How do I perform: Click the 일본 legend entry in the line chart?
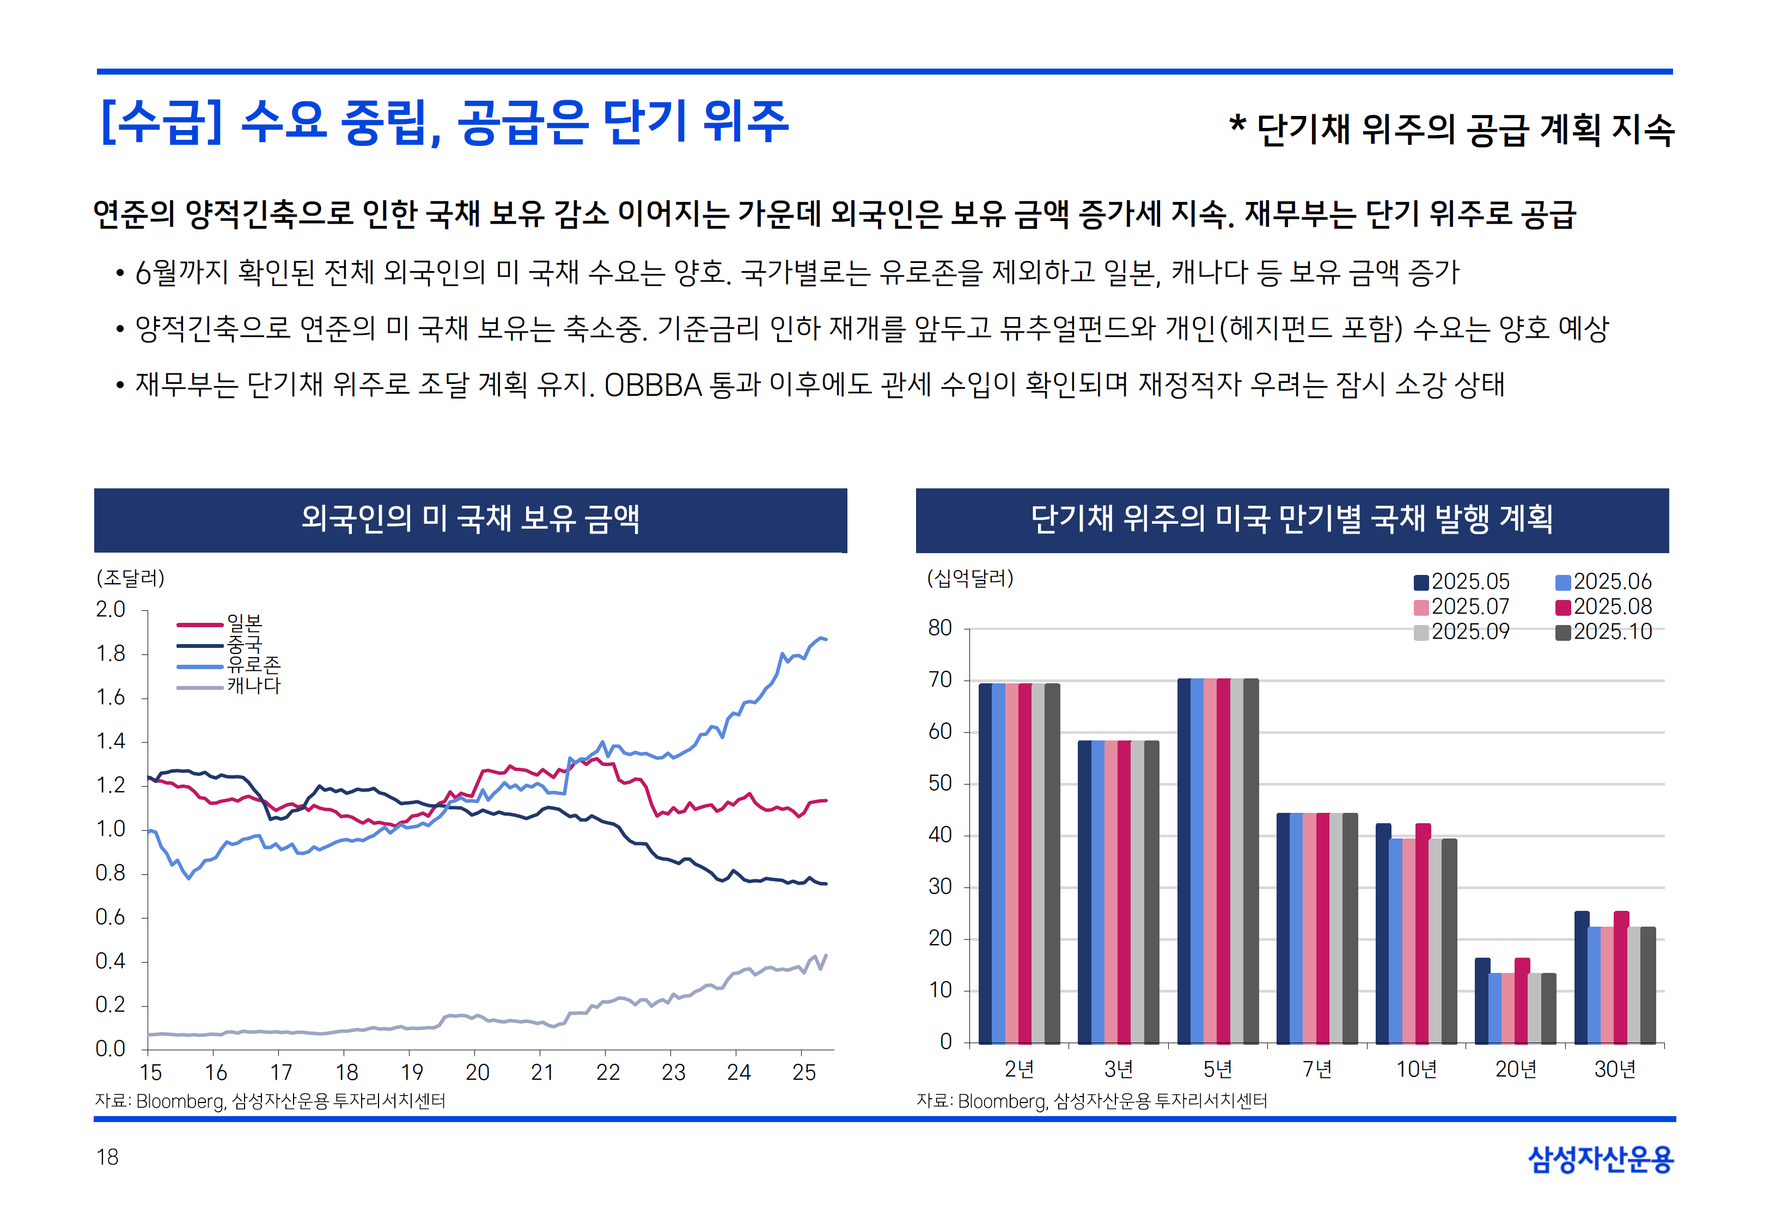click(x=244, y=622)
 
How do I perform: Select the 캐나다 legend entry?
click(x=253, y=685)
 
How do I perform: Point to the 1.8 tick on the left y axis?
click(x=111, y=654)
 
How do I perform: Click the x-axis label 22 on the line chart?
click(x=607, y=1072)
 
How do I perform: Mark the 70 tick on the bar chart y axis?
click(x=940, y=680)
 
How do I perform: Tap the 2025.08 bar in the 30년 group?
click(x=1621, y=977)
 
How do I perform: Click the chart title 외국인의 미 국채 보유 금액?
click(x=470, y=519)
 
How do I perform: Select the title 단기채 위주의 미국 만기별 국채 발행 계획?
click(x=1291, y=519)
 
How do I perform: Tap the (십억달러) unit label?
click(x=970, y=578)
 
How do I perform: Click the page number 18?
click(x=107, y=1157)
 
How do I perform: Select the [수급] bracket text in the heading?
click(x=161, y=123)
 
